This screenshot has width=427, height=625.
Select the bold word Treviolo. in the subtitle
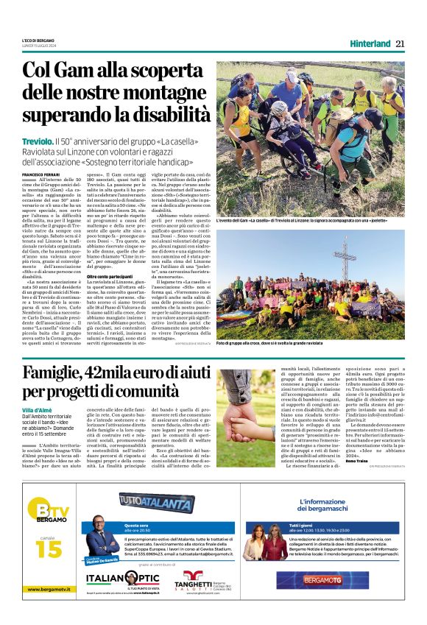(x=38, y=141)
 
